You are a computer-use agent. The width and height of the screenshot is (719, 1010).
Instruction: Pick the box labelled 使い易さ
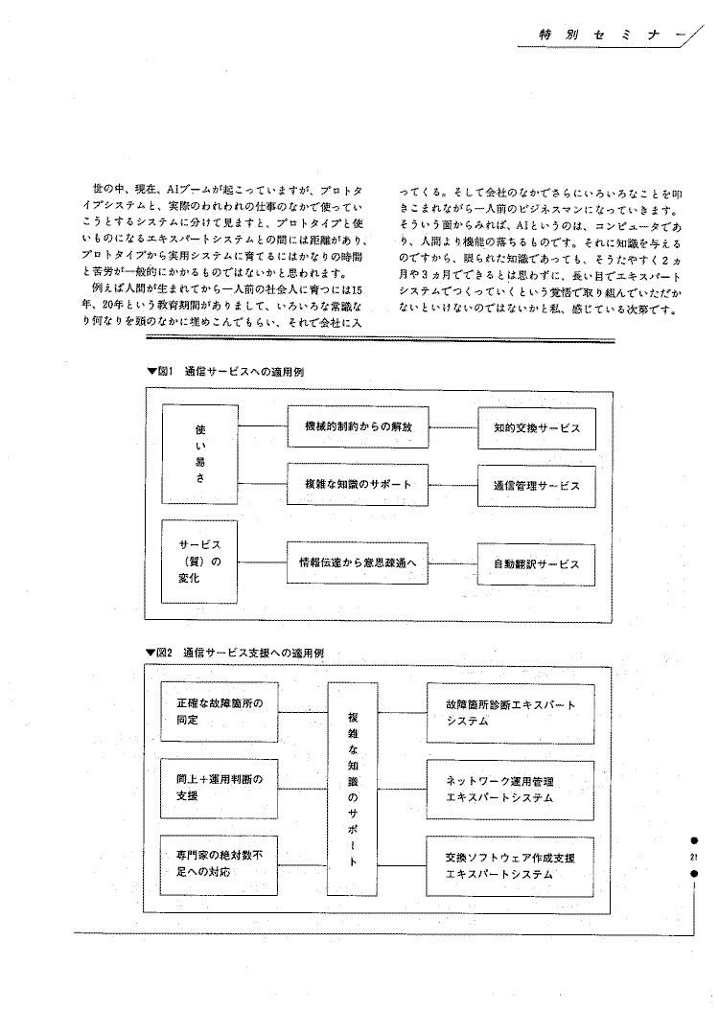pos(199,452)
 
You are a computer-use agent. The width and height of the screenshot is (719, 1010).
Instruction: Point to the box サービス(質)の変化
pos(199,563)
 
